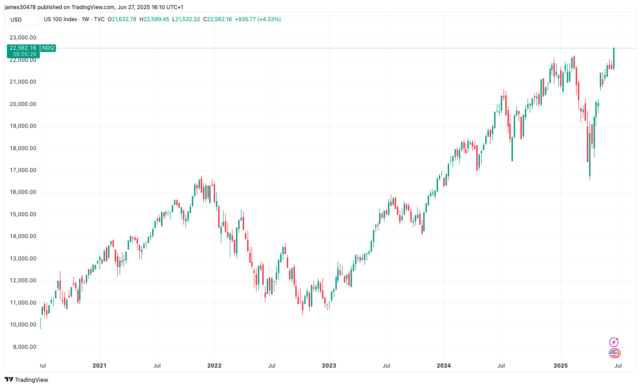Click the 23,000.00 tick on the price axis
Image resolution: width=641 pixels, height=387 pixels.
(x=23, y=38)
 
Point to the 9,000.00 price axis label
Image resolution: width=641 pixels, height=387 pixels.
(x=23, y=347)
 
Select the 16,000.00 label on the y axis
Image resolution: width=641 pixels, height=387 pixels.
(x=23, y=192)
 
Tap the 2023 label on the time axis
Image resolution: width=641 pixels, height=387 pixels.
(x=329, y=365)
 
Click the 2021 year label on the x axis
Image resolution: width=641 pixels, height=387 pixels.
(x=99, y=365)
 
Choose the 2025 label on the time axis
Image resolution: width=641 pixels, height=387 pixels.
(x=560, y=365)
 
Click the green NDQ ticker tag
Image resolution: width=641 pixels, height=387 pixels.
(x=48, y=48)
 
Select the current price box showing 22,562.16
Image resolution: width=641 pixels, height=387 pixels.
(x=23, y=48)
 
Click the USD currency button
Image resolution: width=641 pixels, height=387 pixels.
(x=16, y=20)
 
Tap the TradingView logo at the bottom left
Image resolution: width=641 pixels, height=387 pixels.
(x=26, y=379)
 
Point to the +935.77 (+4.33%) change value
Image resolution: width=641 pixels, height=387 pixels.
(x=258, y=19)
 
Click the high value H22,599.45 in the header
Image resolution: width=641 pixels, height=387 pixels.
(x=154, y=19)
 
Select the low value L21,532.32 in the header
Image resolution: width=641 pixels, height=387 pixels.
(x=186, y=19)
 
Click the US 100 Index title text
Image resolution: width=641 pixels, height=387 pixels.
(x=60, y=19)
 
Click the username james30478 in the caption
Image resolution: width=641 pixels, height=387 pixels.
(x=20, y=7)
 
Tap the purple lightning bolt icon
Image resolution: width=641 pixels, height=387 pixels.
(x=614, y=342)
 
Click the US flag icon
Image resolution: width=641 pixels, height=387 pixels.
(x=615, y=353)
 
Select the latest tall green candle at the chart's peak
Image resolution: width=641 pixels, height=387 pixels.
(x=614, y=58)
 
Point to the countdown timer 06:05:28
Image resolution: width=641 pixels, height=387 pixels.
(x=24, y=54)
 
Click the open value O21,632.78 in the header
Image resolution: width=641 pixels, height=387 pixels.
(x=122, y=19)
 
